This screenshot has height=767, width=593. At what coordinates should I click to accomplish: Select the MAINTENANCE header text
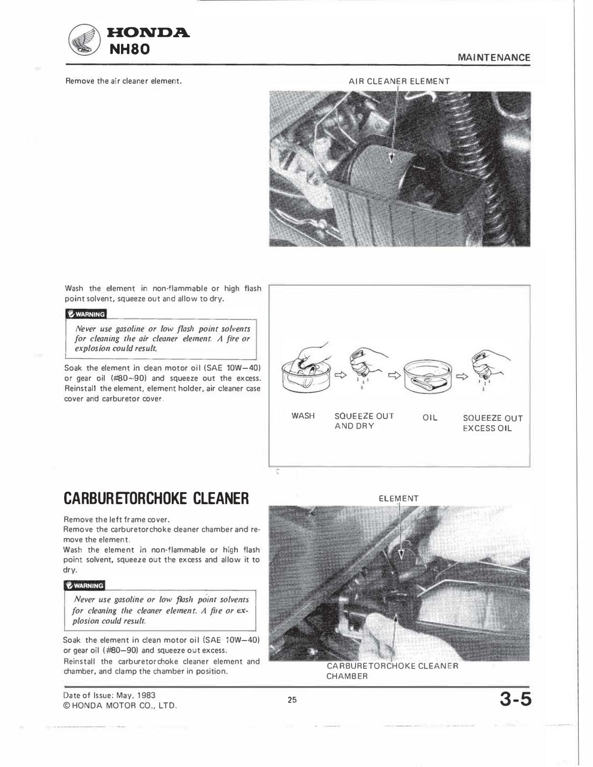click(494, 57)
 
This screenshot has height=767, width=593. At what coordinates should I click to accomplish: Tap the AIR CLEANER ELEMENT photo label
click(399, 81)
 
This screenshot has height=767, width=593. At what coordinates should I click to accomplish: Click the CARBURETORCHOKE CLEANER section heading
click(156, 499)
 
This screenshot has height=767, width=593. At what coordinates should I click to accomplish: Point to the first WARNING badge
click(86, 314)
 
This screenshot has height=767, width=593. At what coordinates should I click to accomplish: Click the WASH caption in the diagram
click(302, 416)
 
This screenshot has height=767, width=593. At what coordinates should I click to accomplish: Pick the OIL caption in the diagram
click(430, 417)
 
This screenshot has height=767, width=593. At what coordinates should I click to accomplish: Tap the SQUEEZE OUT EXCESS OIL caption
click(492, 423)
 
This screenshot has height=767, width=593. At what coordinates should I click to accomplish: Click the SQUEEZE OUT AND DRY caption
click(364, 420)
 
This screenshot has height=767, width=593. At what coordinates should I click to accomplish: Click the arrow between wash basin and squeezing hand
click(340, 376)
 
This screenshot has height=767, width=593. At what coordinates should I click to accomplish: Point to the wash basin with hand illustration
click(305, 371)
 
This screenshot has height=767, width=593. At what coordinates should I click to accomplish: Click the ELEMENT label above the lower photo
click(399, 498)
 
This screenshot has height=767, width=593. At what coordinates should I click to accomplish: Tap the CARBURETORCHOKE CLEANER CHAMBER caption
click(392, 671)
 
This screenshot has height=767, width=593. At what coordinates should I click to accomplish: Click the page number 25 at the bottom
click(292, 699)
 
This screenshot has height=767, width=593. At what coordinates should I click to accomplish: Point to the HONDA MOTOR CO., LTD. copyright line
click(120, 705)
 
